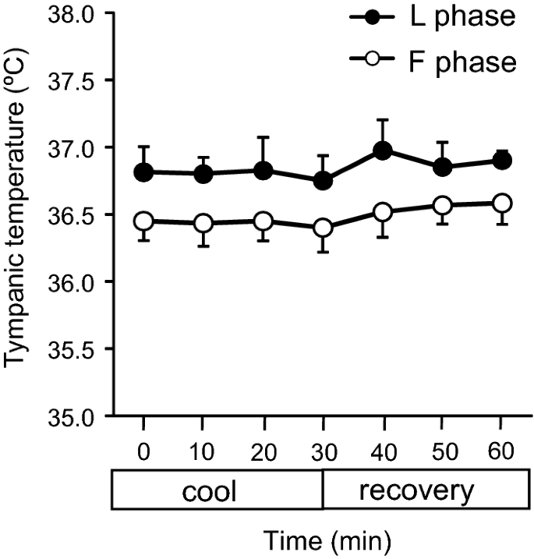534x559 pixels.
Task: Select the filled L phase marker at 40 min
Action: (383, 151)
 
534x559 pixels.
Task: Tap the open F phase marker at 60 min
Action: (503, 203)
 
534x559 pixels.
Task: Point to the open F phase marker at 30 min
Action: (323, 228)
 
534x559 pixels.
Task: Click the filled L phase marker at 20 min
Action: (263, 171)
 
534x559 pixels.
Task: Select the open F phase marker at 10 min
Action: (203, 224)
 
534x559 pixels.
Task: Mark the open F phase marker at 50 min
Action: (443, 206)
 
